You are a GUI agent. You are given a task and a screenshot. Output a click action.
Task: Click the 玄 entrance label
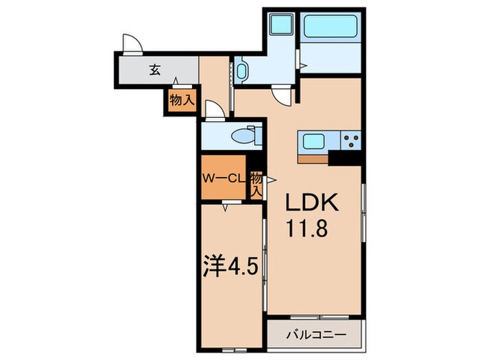(x=156, y=69)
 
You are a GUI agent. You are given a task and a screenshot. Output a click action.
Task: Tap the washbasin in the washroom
(x=242, y=72)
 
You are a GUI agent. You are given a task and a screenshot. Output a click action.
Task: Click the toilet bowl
(x=242, y=136)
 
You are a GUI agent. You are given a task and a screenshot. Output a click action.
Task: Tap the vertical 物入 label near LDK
(x=256, y=184)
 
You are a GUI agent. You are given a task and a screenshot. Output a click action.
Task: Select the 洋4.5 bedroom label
(x=230, y=266)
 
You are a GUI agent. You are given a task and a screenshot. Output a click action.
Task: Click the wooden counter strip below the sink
(x=313, y=159)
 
